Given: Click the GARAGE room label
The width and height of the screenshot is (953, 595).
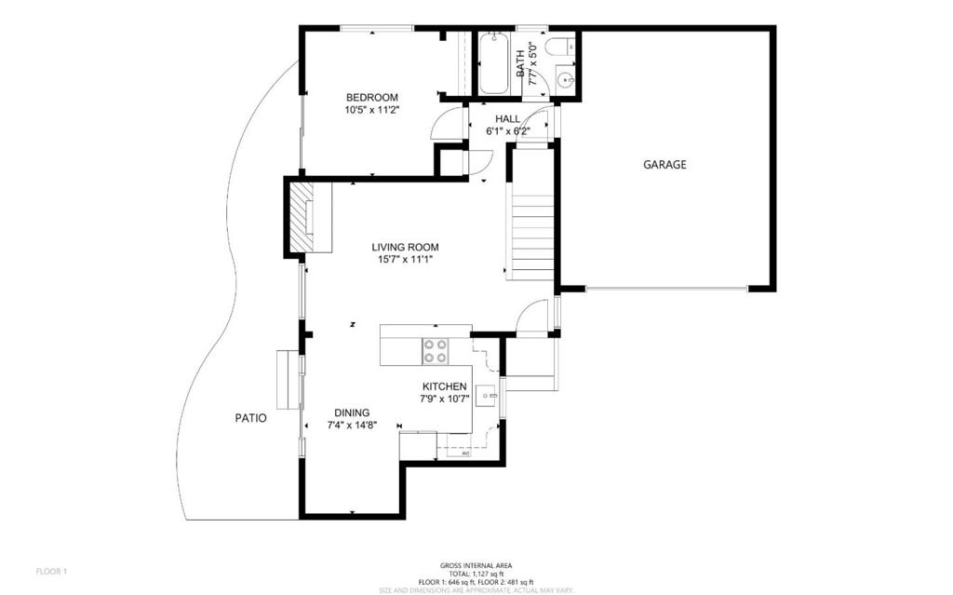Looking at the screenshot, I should [x=664, y=165].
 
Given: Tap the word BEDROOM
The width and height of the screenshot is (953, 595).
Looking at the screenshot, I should [x=372, y=98].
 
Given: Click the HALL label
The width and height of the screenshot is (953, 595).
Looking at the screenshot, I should [x=507, y=119].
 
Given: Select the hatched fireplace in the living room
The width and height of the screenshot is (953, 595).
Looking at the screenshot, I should [x=302, y=218].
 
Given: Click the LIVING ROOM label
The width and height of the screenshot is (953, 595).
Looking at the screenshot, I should [x=405, y=248].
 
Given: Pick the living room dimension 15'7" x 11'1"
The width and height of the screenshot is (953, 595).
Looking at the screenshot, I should [x=405, y=260].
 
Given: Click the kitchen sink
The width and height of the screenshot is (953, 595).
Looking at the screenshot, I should [x=487, y=396].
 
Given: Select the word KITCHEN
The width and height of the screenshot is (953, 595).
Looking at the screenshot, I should [x=444, y=386].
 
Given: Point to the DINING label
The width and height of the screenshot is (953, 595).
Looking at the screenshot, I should [x=352, y=412].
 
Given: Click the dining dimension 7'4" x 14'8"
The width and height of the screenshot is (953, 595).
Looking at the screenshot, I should [x=352, y=425].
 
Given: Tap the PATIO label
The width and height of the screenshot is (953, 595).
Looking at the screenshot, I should [x=250, y=418].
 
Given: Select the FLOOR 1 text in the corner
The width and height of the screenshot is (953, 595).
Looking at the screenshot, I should [x=51, y=571].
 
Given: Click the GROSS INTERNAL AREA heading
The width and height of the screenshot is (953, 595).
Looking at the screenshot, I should [x=476, y=565].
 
